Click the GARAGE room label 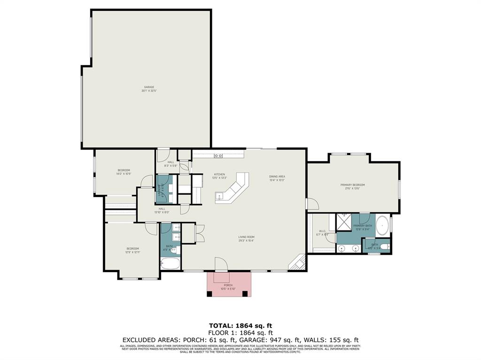click(148, 87)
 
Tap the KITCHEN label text click(220, 174)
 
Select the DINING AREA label click(277, 176)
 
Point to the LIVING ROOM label click(246, 237)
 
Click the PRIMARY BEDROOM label click(352, 185)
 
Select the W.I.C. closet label click(322, 231)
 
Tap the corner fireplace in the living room click(298, 264)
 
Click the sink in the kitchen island click(219, 196)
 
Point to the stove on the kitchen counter click(218, 155)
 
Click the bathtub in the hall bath click(171, 263)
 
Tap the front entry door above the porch click(220, 265)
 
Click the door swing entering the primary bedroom click(311, 204)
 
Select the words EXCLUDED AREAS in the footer click(148, 340)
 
